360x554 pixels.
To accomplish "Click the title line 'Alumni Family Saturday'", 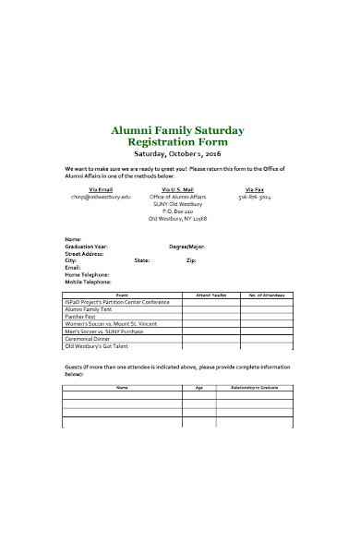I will (177, 131).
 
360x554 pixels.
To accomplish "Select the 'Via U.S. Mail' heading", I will (177, 187).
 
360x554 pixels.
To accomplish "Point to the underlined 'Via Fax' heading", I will (254, 187).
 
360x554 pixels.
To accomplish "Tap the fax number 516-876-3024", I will (254, 197).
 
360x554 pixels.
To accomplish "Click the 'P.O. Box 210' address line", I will (177, 211).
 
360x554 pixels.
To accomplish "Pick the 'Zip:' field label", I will (191, 260).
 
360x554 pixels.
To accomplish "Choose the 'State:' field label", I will (142, 260).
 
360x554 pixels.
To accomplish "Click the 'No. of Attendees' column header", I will (267, 295).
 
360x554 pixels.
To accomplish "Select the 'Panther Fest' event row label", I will (81, 317).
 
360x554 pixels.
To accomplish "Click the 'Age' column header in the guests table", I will (198, 388).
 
